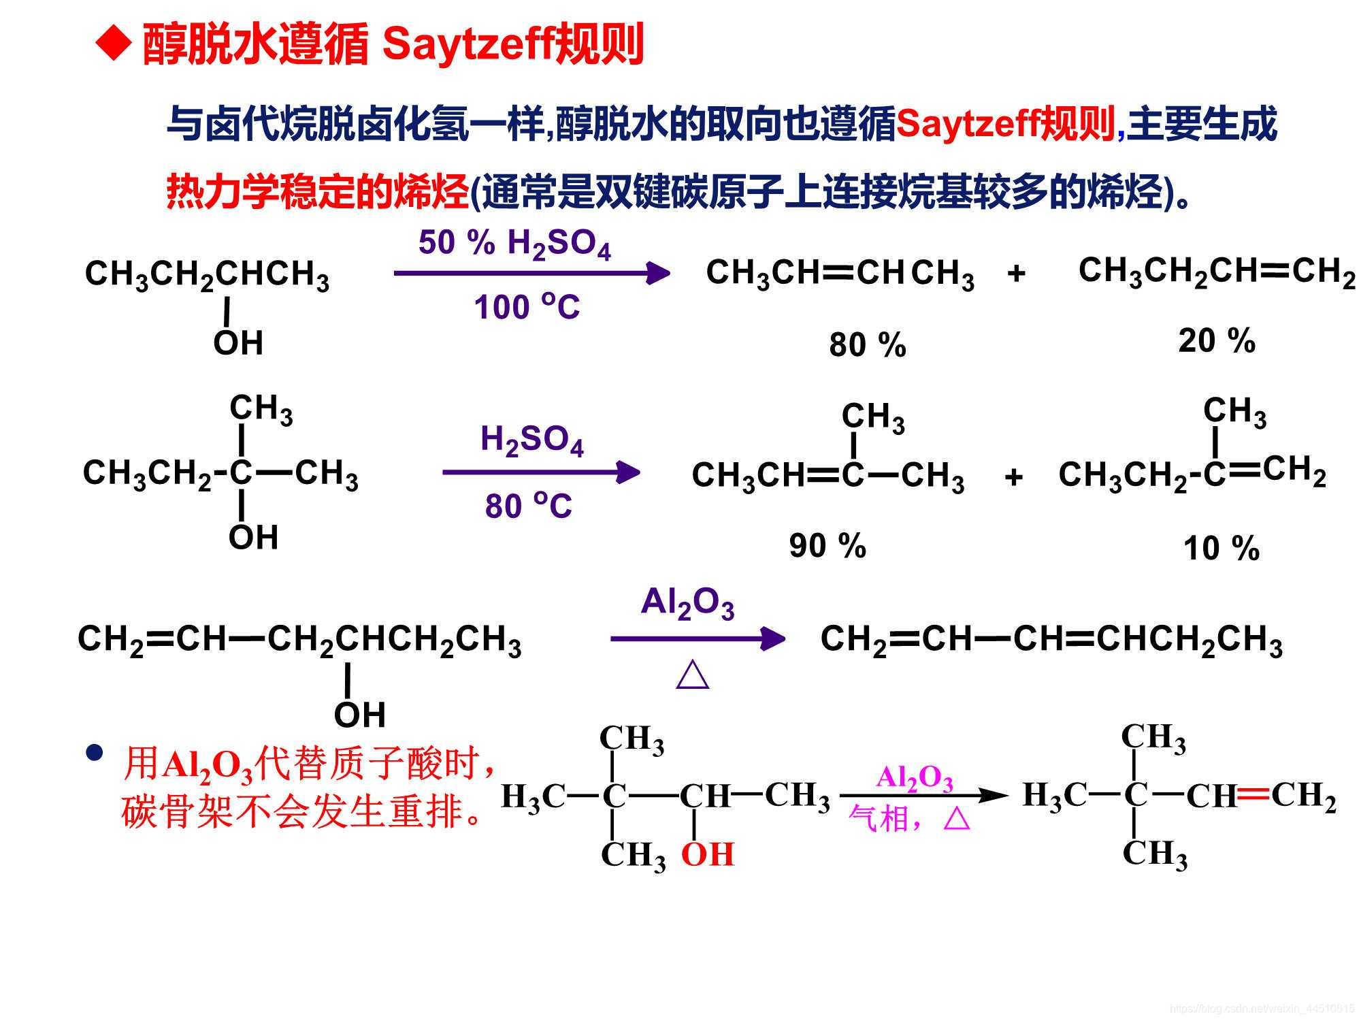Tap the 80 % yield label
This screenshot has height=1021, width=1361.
[x=867, y=344]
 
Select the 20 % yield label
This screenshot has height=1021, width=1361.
[x=1216, y=340]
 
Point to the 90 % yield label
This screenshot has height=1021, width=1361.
[x=827, y=545]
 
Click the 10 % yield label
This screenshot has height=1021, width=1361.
[x=1221, y=548]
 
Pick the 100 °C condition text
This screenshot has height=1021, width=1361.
[x=527, y=307]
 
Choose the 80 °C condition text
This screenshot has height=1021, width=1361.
[x=528, y=506]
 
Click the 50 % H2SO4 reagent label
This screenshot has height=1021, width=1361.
[x=514, y=244]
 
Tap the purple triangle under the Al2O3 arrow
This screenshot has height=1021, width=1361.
[x=693, y=675]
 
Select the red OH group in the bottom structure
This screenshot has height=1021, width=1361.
[x=708, y=854]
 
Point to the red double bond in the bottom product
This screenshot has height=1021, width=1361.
[x=1253, y=794]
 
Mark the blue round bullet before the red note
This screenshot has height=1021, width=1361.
[x=94, y=753]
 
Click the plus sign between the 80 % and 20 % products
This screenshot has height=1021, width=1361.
[x=1016, y=274]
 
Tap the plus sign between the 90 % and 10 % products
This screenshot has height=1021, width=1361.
[x=1013, y=476]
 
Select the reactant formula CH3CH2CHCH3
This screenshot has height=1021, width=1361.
[x=207, y=274]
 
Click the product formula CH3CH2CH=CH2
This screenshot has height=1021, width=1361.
[x=1216, y=271]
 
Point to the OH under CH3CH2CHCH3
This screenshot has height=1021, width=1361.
[x=238, y=342]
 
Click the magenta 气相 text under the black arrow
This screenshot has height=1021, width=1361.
[x=879, y=819]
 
